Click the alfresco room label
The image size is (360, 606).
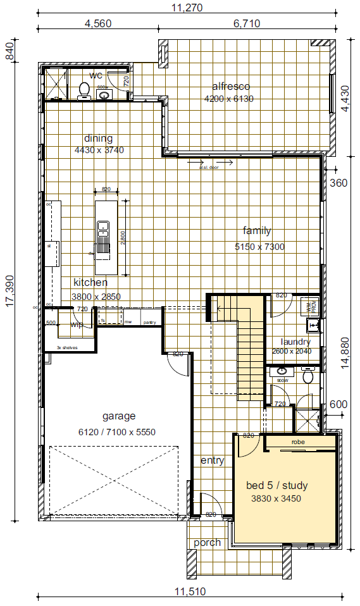point(231,87)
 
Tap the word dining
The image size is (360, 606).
point(98,139)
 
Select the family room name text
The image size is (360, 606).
point(257,231)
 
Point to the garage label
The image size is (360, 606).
point(119,416)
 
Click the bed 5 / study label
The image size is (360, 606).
point(276,486)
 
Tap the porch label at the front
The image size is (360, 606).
point(207,543)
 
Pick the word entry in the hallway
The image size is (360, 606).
point(212,461)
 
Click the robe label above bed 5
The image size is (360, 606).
point(299,442)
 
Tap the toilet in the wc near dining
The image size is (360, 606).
point(84,90)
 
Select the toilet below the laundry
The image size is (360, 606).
point(308,377)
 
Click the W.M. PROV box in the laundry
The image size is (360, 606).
point(311,307)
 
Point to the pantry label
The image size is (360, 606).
point(149,322)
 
